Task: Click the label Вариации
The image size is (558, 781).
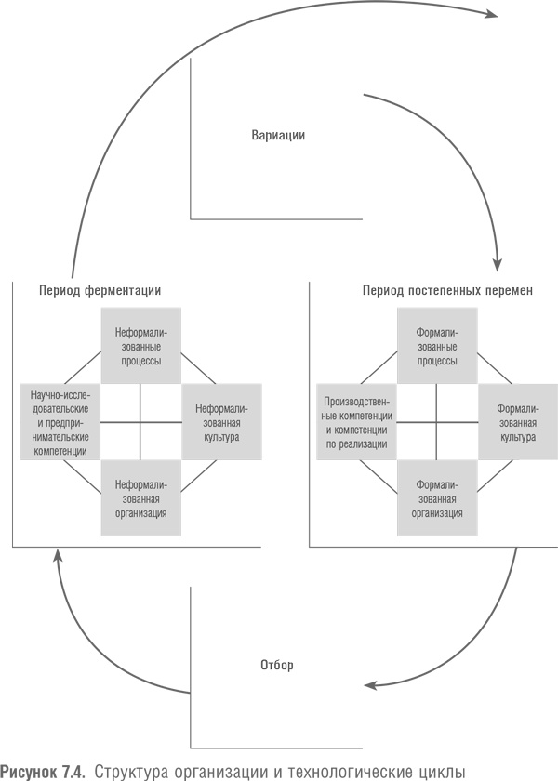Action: [278, 135]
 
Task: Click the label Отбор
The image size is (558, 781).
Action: [277, 666]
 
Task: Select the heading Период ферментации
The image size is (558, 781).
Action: [100, 290]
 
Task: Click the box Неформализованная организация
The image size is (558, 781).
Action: [139, 498]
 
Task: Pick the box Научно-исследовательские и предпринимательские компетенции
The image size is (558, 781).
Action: [60, 422]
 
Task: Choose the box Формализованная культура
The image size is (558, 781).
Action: [517, 421]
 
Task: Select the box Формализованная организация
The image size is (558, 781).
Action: [437, 498]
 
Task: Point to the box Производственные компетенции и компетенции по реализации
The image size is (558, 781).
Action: [357, 422]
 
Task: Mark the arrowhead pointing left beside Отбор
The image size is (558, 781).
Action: [369, 687]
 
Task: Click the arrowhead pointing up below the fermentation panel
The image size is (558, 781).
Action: [58, 555]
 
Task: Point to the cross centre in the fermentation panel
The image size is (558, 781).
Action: [139, 422]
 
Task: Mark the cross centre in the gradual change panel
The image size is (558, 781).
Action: [437, 422]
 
